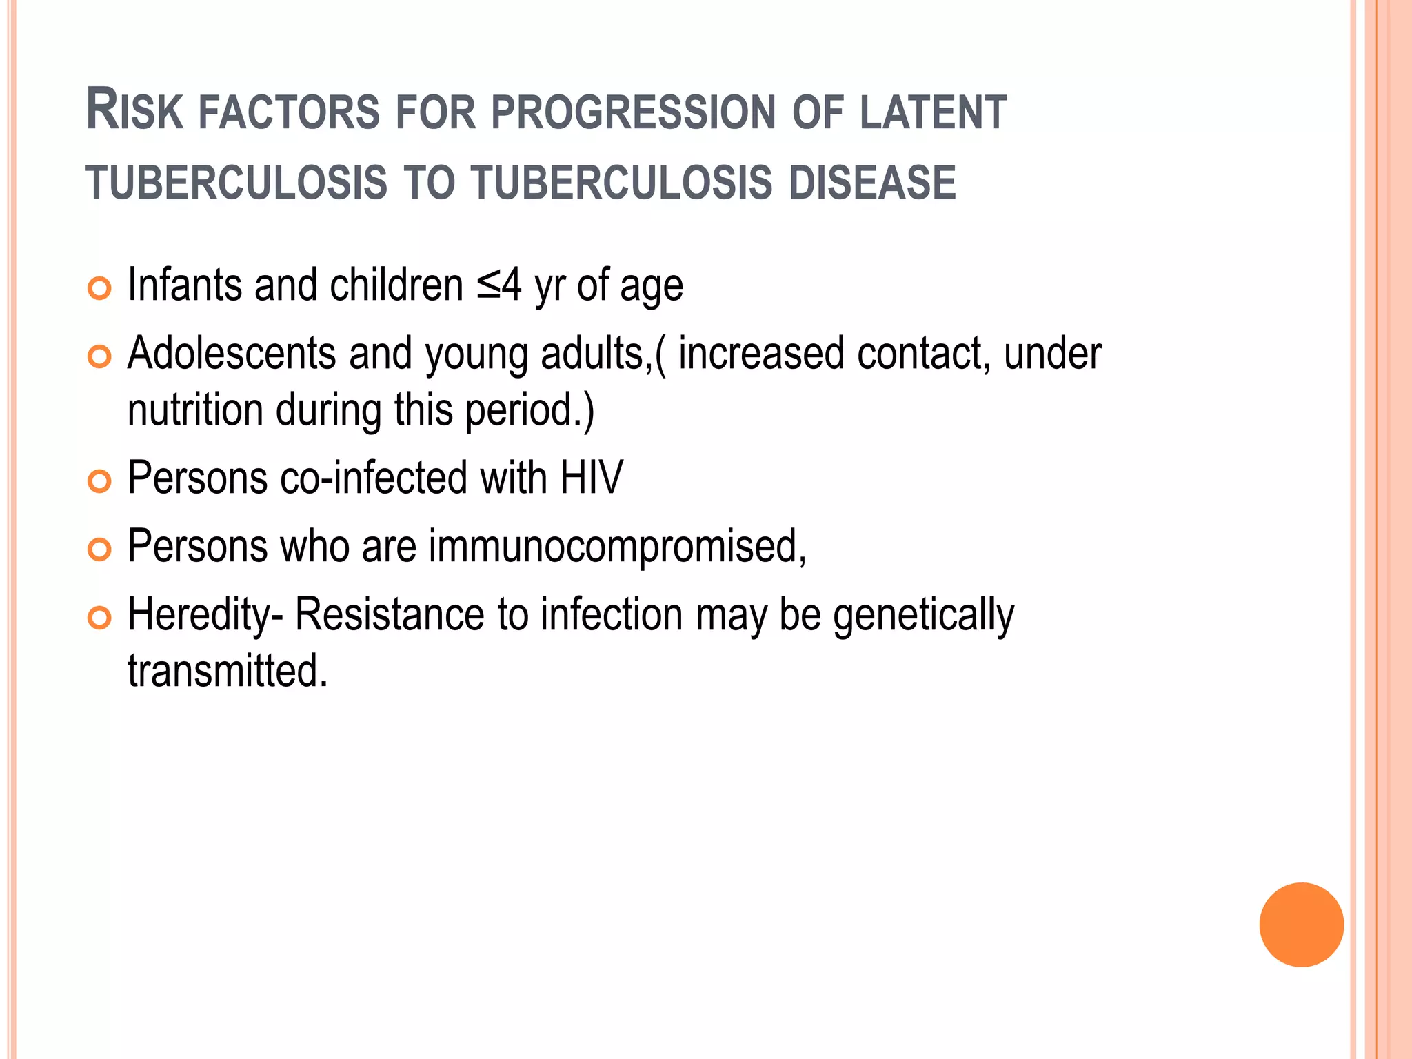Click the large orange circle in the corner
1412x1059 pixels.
pos(1301,925)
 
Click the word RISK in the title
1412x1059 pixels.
pos(134,111)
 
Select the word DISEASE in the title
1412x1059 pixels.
pos(872,183)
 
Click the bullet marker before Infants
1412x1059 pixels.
pos(100,288)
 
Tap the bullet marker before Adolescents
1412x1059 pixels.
pos(100,356)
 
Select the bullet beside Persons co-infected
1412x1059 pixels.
pos(100,481)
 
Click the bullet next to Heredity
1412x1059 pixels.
pos(100,618)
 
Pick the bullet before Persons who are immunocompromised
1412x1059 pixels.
pos(100,549)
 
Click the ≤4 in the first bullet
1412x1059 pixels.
pos(498,285)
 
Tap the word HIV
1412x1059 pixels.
pos(591,478)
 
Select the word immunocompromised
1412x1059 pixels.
pos(617,547)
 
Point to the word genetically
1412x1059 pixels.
pos(923,616)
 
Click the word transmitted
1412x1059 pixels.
pos(228,671)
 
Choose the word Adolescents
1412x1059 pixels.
pos(232,354)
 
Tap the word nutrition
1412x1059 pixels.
pos(195,410)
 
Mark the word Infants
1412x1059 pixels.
pos(184,285)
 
